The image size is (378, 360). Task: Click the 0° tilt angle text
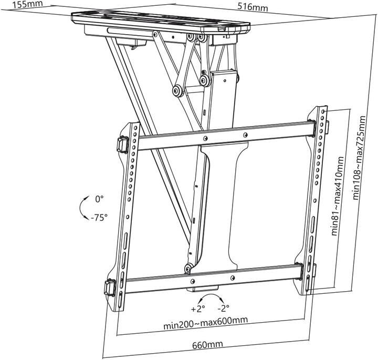pyautogui.click(x=100, y=200)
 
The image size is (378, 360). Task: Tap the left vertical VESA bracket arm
pyautogui.click(x=128, y=210)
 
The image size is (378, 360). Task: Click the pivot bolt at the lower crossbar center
pyautogui.click(x=188, y=270)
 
